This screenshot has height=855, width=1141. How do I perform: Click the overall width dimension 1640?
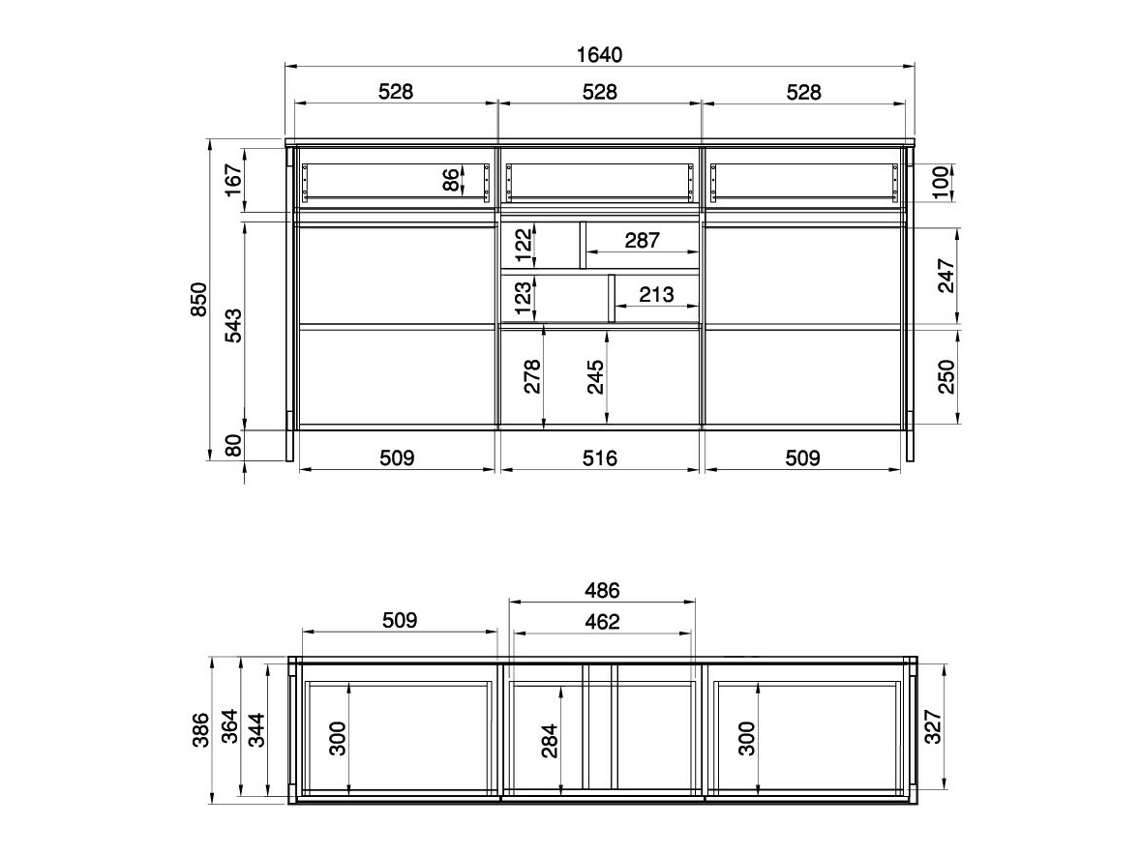pos(599,54)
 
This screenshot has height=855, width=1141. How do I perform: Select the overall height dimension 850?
pos(199,301)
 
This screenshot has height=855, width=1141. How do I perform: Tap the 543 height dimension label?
pos(234,325)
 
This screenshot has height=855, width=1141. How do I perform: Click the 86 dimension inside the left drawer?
pos(450,181)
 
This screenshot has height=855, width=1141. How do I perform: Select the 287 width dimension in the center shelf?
pos(642,240)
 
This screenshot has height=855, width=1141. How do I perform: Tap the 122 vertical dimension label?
pos(523,246)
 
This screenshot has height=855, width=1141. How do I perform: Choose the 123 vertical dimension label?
pos(523,298)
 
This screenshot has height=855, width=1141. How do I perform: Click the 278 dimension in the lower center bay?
pos(531,376)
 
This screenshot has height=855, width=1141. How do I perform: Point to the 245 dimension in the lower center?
pos(595,376)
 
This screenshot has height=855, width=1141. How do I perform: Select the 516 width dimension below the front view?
pos(599,457)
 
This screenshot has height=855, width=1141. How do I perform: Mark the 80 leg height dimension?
pos(234,446)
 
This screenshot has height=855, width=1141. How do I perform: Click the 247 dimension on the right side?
pos(946,277)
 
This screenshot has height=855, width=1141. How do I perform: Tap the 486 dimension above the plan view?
pos(602,590)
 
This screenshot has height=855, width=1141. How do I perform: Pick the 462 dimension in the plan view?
pos(602,622)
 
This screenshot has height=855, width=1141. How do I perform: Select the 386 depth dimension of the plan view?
pos(199,730)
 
